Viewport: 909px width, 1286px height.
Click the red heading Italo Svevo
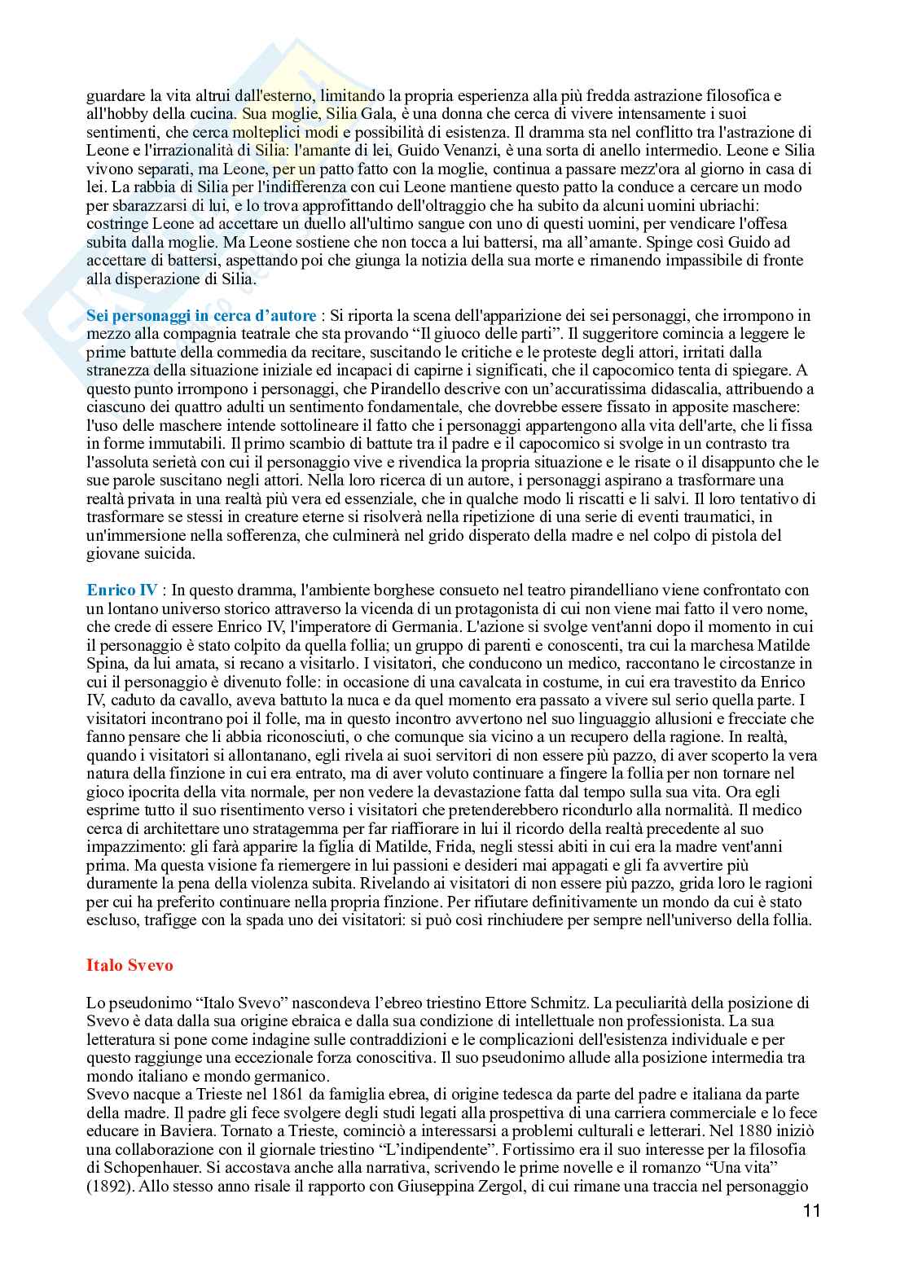point(130,965)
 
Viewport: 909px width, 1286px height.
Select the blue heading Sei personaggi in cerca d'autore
point(201,315)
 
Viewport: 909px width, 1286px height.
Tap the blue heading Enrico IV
point(122,590)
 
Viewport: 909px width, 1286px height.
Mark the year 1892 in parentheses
point(111,1187)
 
